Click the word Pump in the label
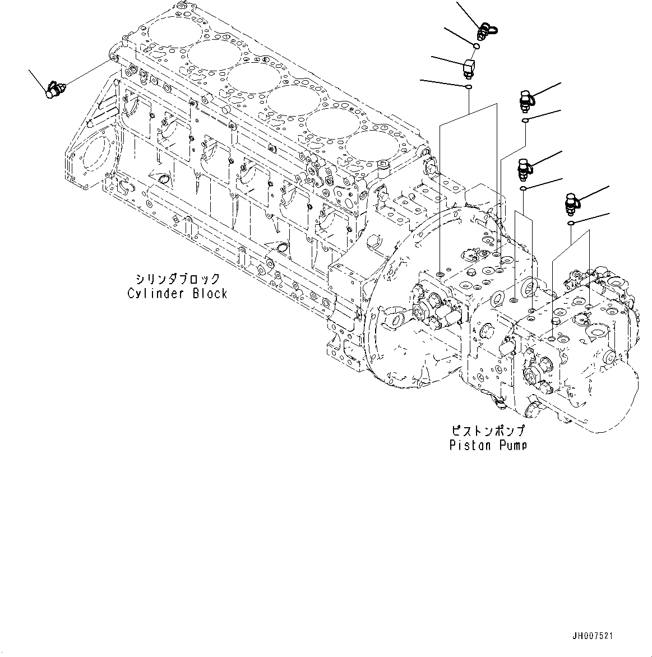pos(511,446)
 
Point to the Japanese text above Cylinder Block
pos(177,279)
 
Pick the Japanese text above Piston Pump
pos(488,431)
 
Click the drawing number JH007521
pos(593,636)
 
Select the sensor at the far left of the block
pos(56,90)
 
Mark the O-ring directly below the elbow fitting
pos(468,87)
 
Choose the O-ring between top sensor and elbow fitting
pos(475,47)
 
